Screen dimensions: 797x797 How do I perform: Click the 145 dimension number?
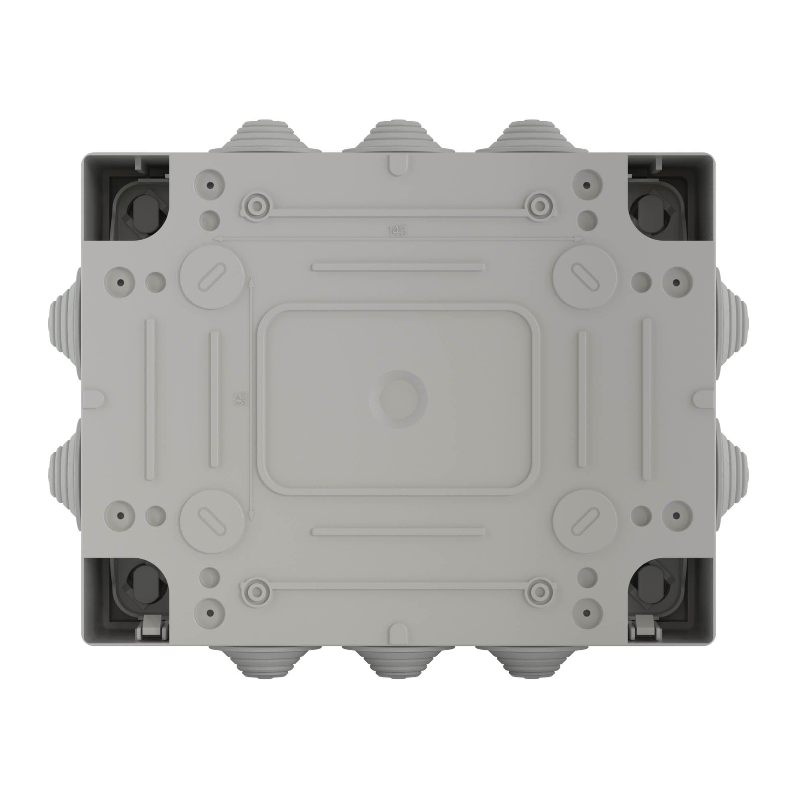tap(397, 232)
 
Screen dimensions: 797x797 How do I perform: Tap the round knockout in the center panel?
tap(398, 399)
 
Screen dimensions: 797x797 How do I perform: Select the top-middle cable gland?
tap(398, 137)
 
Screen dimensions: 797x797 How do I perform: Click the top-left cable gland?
tap(265, 137)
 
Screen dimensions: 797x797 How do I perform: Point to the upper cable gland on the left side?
tap(66, 324)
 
